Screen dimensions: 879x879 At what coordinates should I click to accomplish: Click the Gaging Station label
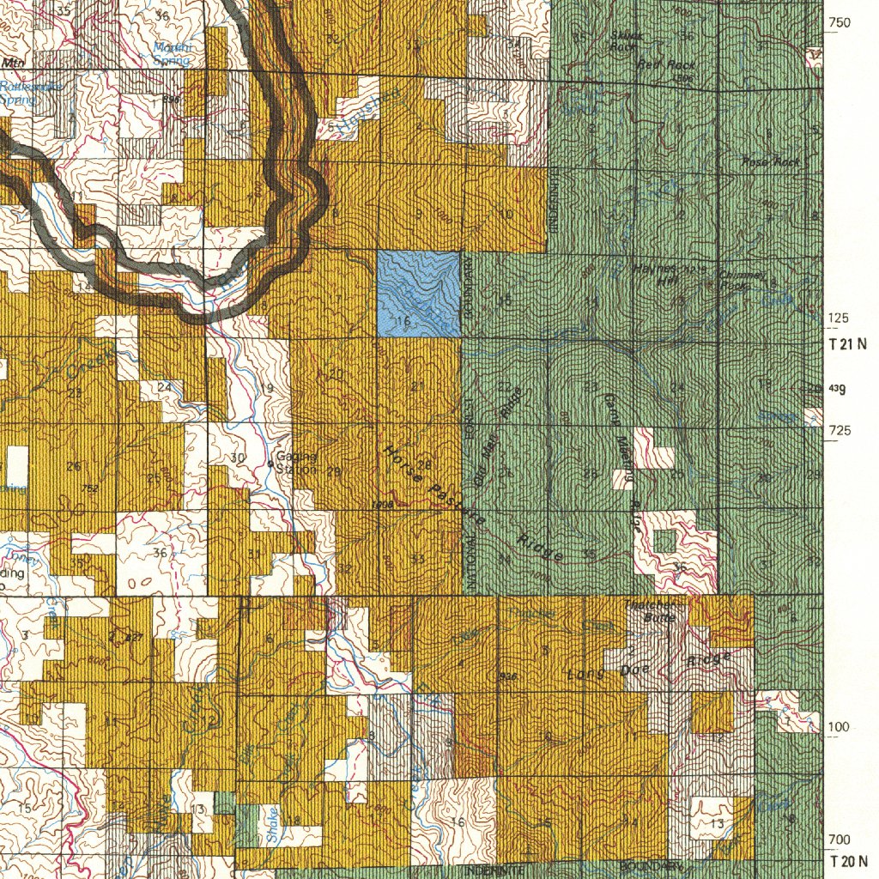[297, 463]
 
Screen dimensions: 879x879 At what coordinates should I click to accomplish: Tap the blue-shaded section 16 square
[419, 294]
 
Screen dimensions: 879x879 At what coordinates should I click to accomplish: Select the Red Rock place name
[666, 64]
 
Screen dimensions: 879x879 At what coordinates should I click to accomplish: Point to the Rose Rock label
[770, 161]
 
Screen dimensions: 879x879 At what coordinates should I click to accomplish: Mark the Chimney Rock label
[741, 280]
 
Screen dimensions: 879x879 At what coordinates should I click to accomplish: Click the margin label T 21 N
[847, 344]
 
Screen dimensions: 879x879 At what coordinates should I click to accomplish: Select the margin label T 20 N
[847, 861]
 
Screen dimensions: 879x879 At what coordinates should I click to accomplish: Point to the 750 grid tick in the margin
[839, 22]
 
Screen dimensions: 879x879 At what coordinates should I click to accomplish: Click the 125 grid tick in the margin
[839, 318]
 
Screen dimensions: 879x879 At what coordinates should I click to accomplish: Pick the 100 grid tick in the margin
[839, 727]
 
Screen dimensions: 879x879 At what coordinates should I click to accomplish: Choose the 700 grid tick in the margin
[839, 839]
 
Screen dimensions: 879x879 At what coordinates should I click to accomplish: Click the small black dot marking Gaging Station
[270, 464]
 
